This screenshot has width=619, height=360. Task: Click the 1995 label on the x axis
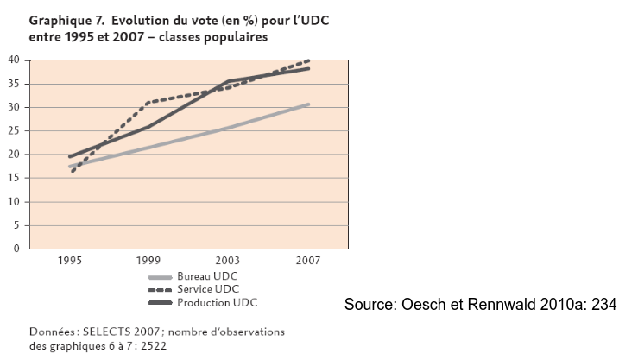pyautogui.click(x=71, y=260)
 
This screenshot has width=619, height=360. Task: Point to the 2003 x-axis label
pyautogui.click(x=229, y=260)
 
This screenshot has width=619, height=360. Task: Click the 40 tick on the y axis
pyautogui.click(x=15, y=60)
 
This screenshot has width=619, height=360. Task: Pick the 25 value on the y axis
pyautogui.click(x=15, y=130)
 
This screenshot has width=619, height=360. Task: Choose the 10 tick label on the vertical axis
pyautogui.click(x=15, y=202)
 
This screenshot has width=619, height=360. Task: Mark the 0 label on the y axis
pyautogui.click(x=17, y=249)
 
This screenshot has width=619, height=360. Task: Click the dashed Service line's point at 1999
pyautogui.click(x=149, y=102)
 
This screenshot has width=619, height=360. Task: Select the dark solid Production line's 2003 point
pyautogui.click(x=229, y=81)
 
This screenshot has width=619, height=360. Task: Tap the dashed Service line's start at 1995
pyautogui.click(x=71, y=171)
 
